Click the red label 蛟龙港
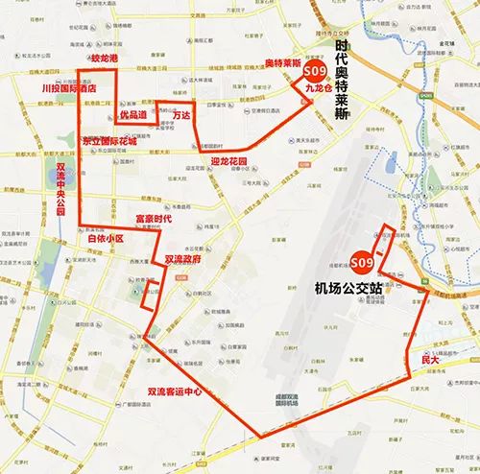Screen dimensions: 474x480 [x=102, y=59]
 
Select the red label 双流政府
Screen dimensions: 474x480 [x=182, y=259]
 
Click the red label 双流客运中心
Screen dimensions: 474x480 [x=174, y=391]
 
